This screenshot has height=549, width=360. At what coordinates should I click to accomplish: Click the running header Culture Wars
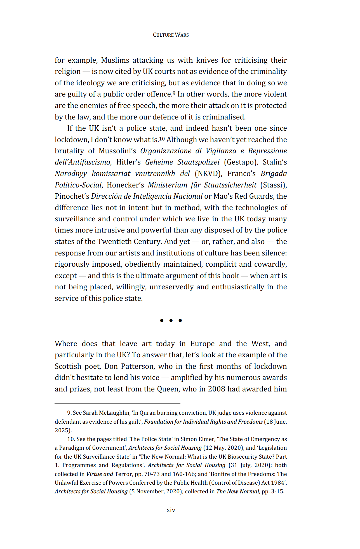coord(171,35)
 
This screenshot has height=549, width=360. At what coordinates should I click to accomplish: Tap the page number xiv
coord(171,510)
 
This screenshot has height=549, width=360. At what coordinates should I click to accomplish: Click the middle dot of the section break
coord(171,320)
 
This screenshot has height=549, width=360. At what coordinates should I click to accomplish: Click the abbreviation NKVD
coord(208,174)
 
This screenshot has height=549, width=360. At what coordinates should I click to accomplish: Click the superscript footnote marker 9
coord(174,93)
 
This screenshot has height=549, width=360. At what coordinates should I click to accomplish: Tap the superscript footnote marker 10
coord(162,139)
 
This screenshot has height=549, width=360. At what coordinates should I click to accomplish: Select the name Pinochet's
coord(72,196)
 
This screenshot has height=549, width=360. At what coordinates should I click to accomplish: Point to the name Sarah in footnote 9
coord(90,413)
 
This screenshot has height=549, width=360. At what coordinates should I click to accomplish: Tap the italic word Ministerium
coord(168,185)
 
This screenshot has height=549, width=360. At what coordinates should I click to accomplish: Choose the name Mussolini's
coord(117,151)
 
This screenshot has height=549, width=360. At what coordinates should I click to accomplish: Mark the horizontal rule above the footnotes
coord(117,403)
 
